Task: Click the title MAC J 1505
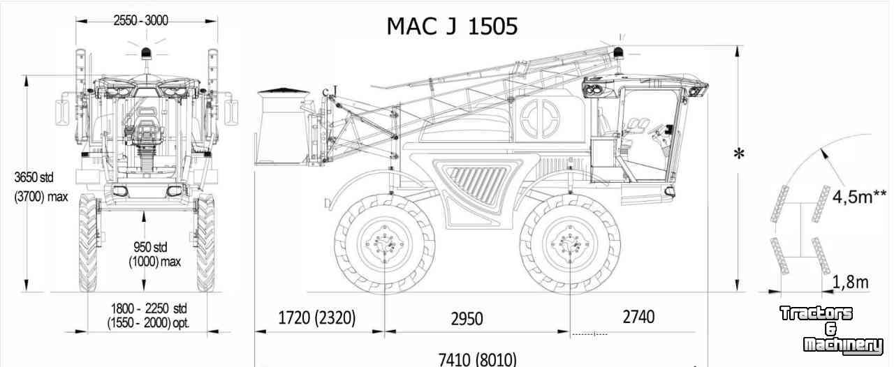tap(452, 27)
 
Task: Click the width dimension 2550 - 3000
tap(141, 20)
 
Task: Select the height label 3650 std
tap(34, 177)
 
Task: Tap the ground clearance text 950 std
tap(150, 247)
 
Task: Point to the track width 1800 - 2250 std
tap(149, 308)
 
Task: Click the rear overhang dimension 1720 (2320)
tap(316, 318)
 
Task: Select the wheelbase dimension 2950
tap(467, 319)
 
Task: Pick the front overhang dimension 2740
tap(638, 317)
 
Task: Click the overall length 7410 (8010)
tap(477, 359)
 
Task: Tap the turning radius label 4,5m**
tap(859, 197)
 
